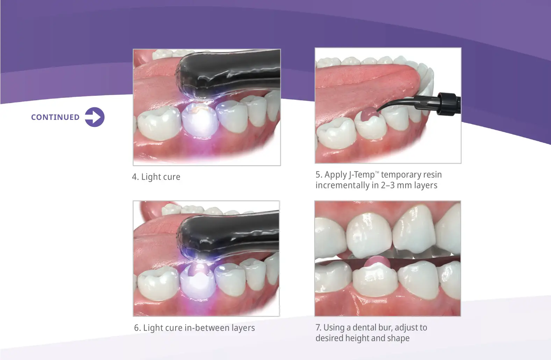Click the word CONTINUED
tap(55, 117)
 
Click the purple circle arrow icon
tap(95, 117)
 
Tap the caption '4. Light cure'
tap(156, 177)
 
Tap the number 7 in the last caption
tap(318, 327)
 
